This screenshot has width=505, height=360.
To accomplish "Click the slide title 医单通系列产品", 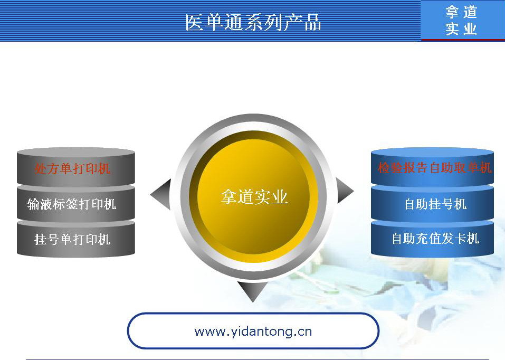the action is click(x=253, y=22).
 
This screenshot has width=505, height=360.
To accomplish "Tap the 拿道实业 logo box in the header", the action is click(x=463, y=21).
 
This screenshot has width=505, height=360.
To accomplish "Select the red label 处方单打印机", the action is click(x=72, y=168).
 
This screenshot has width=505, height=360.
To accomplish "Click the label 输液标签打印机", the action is click(x=72, y=204).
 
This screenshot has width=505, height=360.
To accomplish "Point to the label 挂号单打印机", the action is click(x=72, y=240).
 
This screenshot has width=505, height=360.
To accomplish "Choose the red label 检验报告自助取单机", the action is click(x=434, y=167).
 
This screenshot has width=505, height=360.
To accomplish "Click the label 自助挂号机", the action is click(x=435, y=204).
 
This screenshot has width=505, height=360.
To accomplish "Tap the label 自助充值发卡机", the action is click(x=435, y=239).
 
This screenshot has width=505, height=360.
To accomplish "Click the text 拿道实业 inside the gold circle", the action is click(x=254, y=196).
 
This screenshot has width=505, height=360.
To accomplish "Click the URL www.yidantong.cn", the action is click(x=253, y=331).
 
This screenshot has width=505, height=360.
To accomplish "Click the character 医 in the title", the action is click(x=195, y=22).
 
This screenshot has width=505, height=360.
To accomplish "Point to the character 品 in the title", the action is click(x=313, y=22).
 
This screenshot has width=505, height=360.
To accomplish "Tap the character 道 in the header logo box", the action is click(x=470, y=12).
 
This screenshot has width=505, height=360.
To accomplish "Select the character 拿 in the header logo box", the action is click(x=452, y=12).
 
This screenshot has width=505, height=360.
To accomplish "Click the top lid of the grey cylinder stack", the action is click(x=75, y=152).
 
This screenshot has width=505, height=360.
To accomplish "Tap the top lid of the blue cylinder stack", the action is click(x=432, y=152).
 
